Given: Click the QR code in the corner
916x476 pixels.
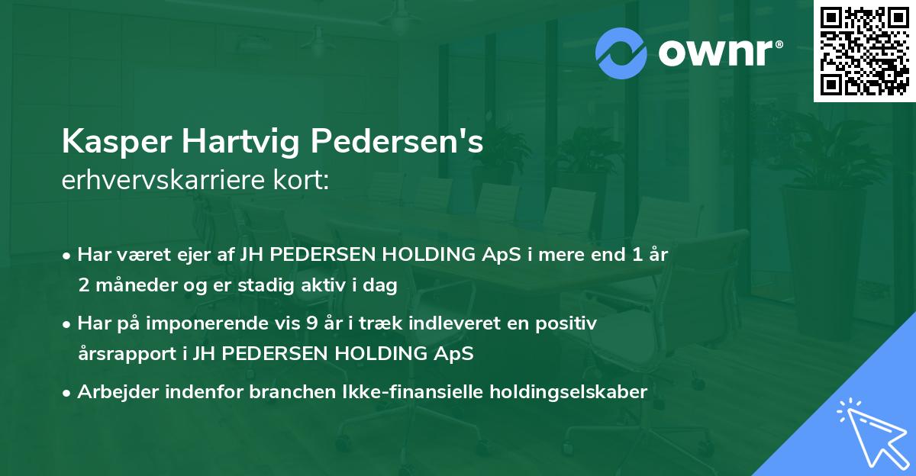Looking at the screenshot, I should [865, 51].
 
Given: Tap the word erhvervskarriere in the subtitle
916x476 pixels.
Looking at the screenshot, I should [161, 182].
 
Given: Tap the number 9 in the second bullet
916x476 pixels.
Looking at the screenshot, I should [311, 323].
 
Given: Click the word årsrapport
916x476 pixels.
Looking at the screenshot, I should [128, 353].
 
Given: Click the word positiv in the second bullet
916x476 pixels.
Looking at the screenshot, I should [570, 323].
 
